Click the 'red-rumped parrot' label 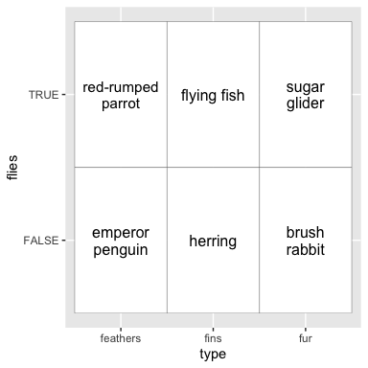coord(121,96)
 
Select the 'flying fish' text coord(213,96)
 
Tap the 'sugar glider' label coord(306,96)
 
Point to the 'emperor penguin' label coord(121,241)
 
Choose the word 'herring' coord(213,241)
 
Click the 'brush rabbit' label coord(306,241)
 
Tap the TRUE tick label coord(44,95)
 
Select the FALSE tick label coord(41,241)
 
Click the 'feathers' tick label coord(121,338)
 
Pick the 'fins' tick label coord(213,338)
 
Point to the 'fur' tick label coord(306,338)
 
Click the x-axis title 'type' coord(213,355)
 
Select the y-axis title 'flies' coord(12,168)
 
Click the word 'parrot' coord(121,104)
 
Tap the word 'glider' coord(306,103)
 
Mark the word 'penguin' coord(121,250)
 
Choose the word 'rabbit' coord(306,249)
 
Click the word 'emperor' coord(121,234)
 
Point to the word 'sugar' coord(306,88)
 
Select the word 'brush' coord(305,233)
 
